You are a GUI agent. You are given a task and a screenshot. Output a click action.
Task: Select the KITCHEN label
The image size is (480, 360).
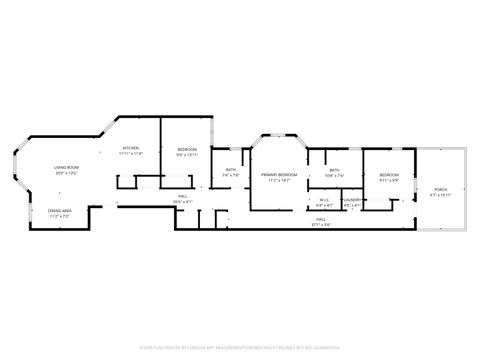coord(131,148)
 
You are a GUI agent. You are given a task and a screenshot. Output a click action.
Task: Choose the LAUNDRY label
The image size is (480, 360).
coord(352,200)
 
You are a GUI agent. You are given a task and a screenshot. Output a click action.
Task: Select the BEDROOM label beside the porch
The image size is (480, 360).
coord(388,175)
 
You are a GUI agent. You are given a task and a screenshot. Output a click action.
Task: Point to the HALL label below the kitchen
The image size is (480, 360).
coord(183,196)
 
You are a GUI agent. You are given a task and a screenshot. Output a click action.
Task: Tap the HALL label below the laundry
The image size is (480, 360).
coord(321,219)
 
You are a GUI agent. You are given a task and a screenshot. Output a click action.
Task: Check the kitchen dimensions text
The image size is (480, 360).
coord(131,154)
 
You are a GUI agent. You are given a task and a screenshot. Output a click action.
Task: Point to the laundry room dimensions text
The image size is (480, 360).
coord(352,205)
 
